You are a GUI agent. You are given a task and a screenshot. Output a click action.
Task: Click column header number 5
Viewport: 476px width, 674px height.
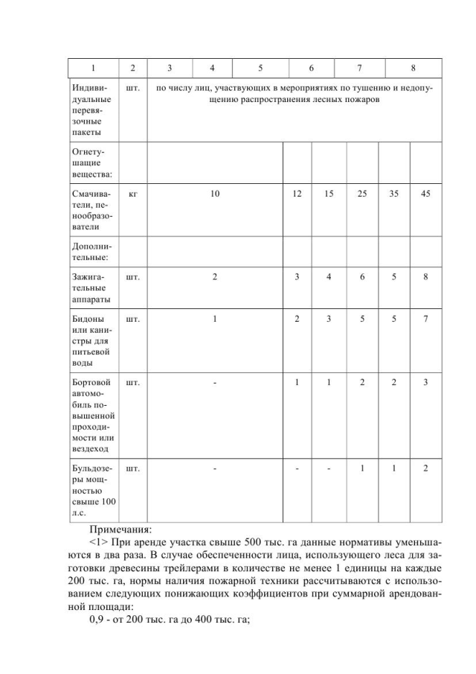tap(260, 69)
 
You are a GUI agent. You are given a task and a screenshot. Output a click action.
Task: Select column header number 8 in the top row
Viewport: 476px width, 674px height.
tap(413, 69)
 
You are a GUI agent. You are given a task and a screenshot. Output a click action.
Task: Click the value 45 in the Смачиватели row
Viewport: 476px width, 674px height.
tap(425, 194)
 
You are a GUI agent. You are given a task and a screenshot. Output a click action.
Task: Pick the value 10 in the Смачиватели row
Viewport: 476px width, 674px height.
tap(214, 194)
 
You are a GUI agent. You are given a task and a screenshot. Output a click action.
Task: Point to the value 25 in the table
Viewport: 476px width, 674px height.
tap(361, 194)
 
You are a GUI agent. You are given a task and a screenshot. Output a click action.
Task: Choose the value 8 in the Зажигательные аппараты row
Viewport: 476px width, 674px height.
tap(425, 278)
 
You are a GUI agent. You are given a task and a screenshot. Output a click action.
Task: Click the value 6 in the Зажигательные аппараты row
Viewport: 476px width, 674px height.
tap(361, 278)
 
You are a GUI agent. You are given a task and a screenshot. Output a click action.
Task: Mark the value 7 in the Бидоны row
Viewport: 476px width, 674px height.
tap(425, 319)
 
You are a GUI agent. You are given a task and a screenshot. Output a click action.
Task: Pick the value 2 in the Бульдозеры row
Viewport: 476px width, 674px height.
tap(425, 468)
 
